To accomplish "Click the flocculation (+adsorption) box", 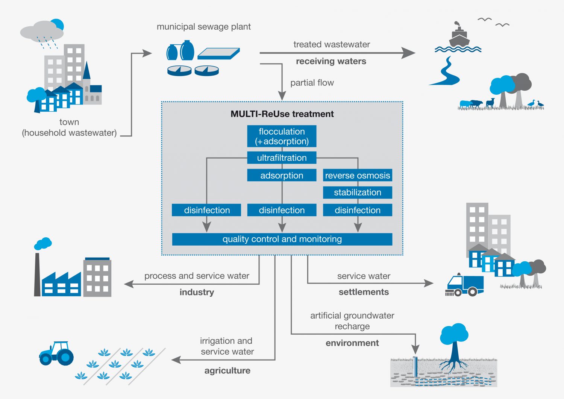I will pyautogui.click(x=282, y=136).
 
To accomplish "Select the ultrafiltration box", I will pyautogui.click(x=282, y=158).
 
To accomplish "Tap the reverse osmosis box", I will pyautogui.click(x=357, y=175).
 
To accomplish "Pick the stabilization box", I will pyautogui.click(x=357, y=192).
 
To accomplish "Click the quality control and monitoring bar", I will pyautogui.click(x=282, y=239).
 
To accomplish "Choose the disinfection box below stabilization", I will pyautogui.click(x=357, y=210).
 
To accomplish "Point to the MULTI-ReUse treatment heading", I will pyautogui.click(x=282, y=114).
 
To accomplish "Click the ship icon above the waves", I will pyautogui.click(x=458, y=36).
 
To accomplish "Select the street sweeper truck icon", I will pyautogui.click(x=464, y=285).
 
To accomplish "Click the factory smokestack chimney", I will pyautogui.click(x=37, y=275).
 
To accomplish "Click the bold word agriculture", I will pyautogui.click(x=227, y=370).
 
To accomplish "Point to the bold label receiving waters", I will pyautogui.click(x=331, y=61).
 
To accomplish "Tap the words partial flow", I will pyautogui.click(x=312, y=83).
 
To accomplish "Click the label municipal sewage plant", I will pyautogui.click(x=203, y=27).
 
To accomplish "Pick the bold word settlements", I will pyautogui.click(x=364, y=292).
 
